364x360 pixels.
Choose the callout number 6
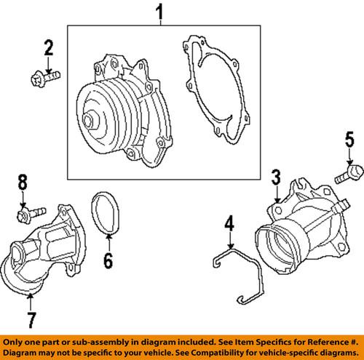pos(108,260)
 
